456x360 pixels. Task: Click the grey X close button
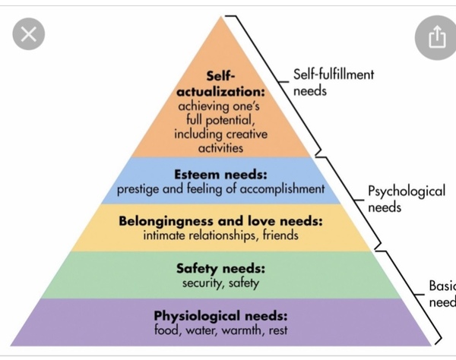click(x=29, y=33)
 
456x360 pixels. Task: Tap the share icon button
click(x=436, y=38)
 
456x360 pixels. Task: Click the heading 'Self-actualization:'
click(x=220, y=84)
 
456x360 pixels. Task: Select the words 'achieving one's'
click(x=219, y=106)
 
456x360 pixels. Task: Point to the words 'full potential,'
click(x=220, y=120)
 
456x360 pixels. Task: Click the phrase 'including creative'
click(x=220, y=134)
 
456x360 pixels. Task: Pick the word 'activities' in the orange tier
click(x=220, y=148)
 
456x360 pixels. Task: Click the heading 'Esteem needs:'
click(x=220, y=175)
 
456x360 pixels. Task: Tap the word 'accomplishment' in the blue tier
click(x=282, y=189)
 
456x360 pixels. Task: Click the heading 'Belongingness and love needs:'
click(x=220, y=222)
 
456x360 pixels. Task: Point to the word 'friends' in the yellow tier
click(x=280, y=235)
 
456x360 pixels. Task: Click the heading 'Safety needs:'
click(x=220, y=268)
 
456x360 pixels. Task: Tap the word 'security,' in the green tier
click(x=203, y=283)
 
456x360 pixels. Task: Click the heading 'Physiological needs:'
click(x=220, y=316)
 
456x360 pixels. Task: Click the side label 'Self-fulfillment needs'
click(x=334, y=82)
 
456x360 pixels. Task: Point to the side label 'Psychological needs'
click(x=407, y=199)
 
